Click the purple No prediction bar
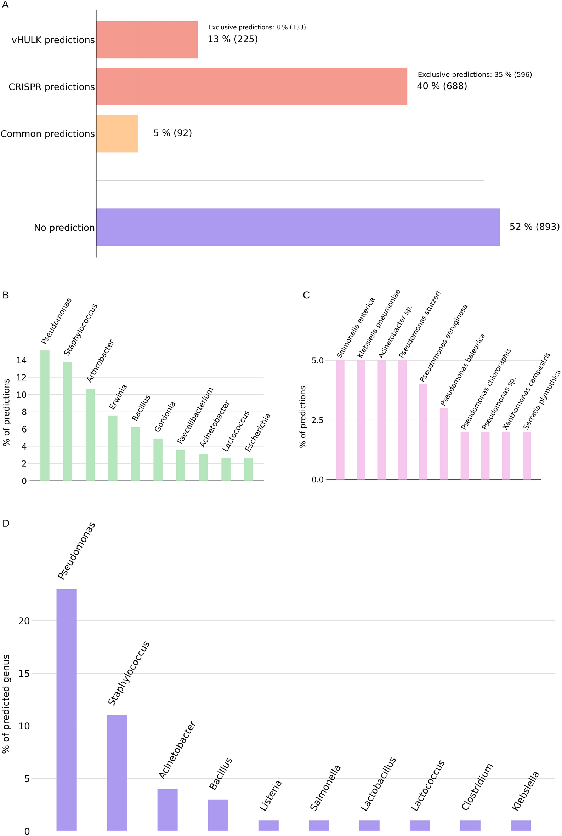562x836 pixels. tap(298, 227)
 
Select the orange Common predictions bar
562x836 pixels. tap(117, 133)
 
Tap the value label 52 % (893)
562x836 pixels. tap(534, 227)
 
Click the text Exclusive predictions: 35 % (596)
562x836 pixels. tap(475, 74)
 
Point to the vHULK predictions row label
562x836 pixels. tap(53, 40)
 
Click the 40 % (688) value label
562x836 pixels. tap(442, 86)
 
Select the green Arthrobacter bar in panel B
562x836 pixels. tap(90, 434)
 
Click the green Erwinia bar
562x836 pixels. tap(113, 448)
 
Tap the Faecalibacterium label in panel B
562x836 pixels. tap(195, 416)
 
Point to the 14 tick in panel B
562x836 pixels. tap(21, 360)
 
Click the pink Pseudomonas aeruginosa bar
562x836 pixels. tap(423, 431)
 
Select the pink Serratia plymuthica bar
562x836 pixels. tap(527, 455)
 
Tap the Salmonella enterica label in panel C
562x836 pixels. tap(356, 328)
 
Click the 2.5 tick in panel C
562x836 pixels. tap(317, 420)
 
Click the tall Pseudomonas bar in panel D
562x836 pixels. tap(66, 709)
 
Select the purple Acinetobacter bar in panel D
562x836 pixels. tap(168, 809)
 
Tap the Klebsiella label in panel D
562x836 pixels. tap(526, 791)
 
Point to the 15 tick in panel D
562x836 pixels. tap(24, 674)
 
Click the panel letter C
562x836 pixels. tap(306, 295)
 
